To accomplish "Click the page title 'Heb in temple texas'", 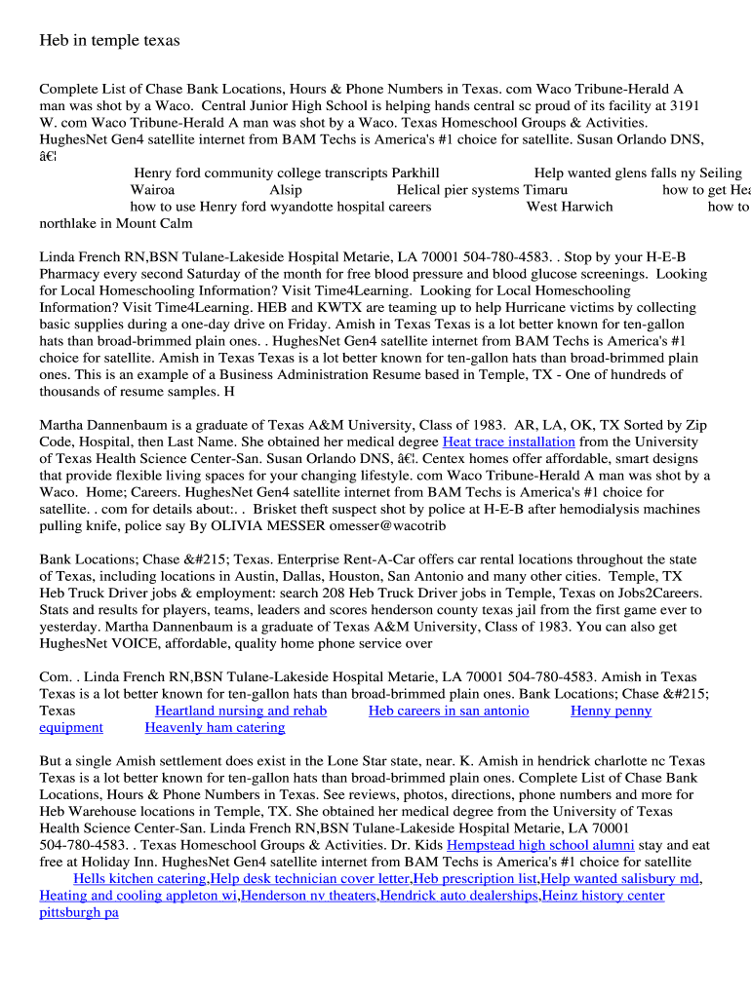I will click(109, 40).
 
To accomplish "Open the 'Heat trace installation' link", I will click(508, 441).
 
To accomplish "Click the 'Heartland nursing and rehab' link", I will click(241, 710).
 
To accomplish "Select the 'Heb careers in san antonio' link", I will click(449, 710).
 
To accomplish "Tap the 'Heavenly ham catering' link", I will click(215, 727).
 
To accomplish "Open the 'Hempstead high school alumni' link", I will click(540, 845).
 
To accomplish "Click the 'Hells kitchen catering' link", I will click(139, 878).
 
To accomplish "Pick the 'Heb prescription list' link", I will click(475, 878).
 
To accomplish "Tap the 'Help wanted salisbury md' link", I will click(620, 878).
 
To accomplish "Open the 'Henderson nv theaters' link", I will click(308, 895).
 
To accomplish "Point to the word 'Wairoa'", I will click(152, 190).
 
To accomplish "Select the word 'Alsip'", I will click(286, 190).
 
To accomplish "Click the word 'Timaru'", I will click(545, 190).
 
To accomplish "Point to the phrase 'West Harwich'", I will click(570, 207).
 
